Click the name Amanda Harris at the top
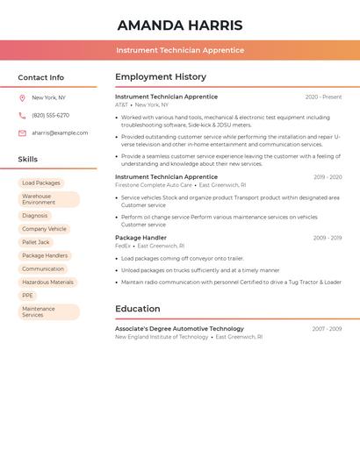[x=180, y=25]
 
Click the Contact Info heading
[x=41, y=77]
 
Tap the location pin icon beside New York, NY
[x=22, y=98]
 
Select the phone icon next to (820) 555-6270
[x=22, y=116]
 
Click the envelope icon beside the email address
[x=22, y=133]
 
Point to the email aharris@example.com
[x=60, y=133]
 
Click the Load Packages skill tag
[x=41, y=183]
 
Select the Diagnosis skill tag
[x=35, y=216]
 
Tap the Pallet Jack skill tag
[x=36, y=242]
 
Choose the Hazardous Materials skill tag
[x=48, y=283]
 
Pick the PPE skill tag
[x=27, y=296]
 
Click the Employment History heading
[x=161, y=77]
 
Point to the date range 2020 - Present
[x=323, y=97]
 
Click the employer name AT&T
[x=121, y=105]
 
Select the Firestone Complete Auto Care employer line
[x=154, y=185]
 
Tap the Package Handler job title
[x=140, y=238]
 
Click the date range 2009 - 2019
[x=327, y=238]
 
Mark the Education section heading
[x=138, y=309]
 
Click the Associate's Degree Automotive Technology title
[x=179, y=329]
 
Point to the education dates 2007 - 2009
[x=327, y=329]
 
